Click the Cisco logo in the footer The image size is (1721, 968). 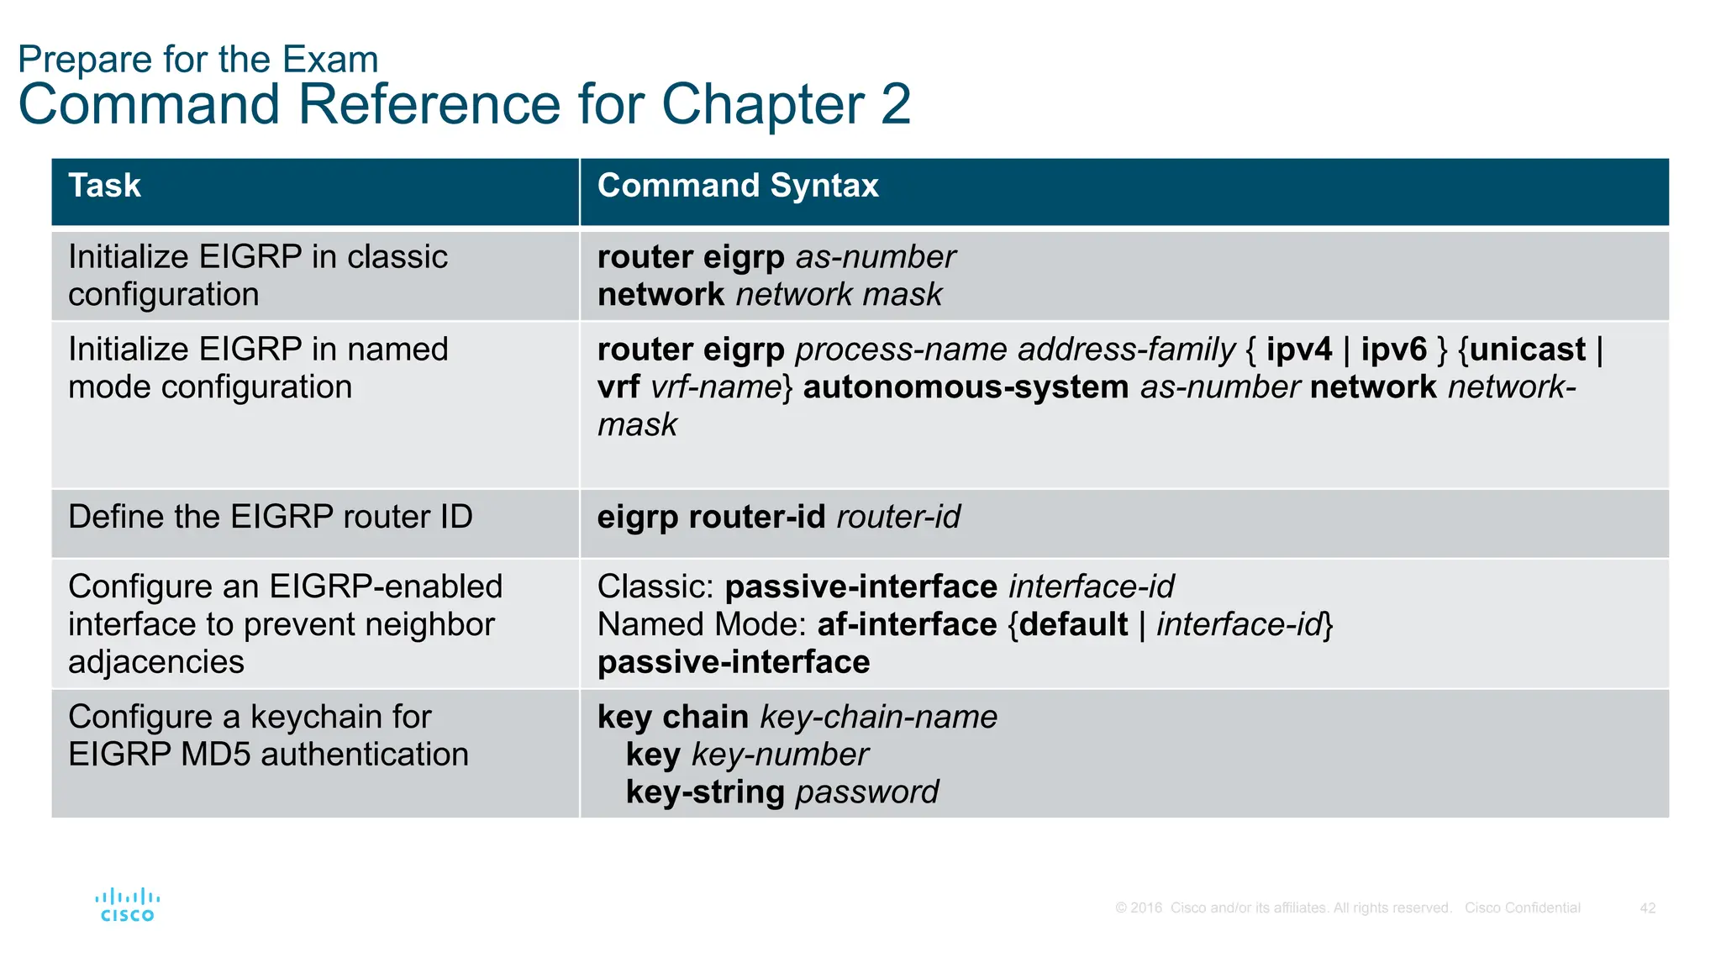(x=127, y=905)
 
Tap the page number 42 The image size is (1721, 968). (x=1647, y=908)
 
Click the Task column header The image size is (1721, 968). (x=104, y=186)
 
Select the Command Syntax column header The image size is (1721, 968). (x=737, y=186)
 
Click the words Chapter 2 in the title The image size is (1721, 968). (x=786, y=105)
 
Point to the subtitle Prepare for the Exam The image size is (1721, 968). (x=197, y=60)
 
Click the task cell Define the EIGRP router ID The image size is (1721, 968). (x=270, y=517)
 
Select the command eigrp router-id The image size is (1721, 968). (x=711, y=517)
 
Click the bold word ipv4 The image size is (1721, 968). (x=1298, y=350)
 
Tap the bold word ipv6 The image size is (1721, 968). (x=1393, y=350)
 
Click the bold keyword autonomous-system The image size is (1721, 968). (x=966, y=387)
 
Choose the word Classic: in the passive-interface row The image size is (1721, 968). (x=655, y=587)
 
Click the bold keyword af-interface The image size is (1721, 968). (x=907, y=624)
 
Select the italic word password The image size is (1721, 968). (x=866, y=792)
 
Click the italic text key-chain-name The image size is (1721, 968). (x=878, y=717)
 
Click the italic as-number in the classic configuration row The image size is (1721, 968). (x=875, y=257)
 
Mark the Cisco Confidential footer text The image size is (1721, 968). (x=1522, y=908)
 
